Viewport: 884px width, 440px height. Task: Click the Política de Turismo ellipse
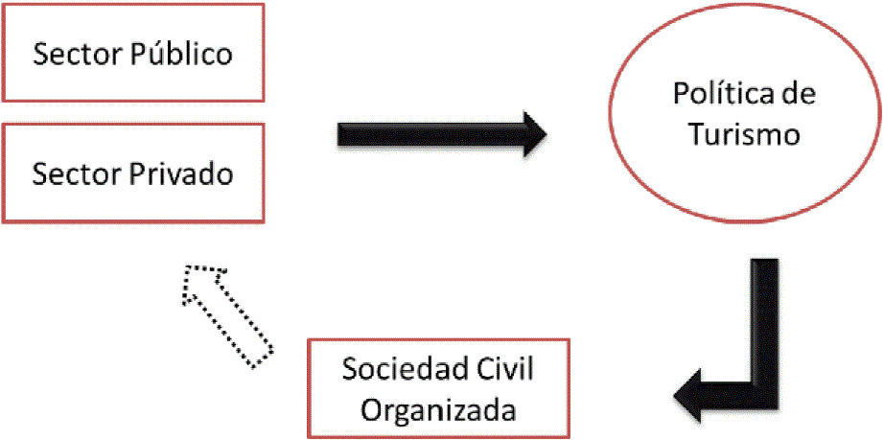pyautogui.click(x=743, y=114)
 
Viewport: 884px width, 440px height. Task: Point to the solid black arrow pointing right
pyautogui.click(x=441, y=133)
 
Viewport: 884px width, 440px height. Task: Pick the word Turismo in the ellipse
pyautogui.click(x=744, y=134)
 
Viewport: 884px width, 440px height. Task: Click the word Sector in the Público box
pyautogui.click(x=72, y=55)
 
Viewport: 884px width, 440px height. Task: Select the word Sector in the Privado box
pyautogui.click(x=72, y=175)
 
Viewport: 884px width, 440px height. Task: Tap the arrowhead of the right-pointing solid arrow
pyautogui.click(x=532, y=133)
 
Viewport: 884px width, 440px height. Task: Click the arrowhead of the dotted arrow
pyautogui.click(x=203, y=284)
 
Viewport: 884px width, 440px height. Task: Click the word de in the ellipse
pyautogui.click(x=800, y=94)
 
